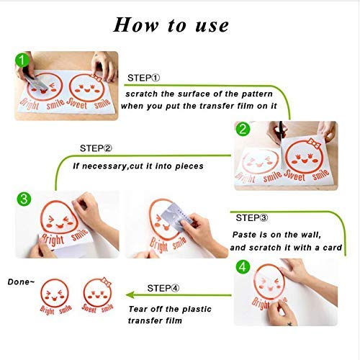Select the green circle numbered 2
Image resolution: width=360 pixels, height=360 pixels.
click(243, 130)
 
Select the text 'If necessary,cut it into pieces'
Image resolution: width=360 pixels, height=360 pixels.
click(138, 166)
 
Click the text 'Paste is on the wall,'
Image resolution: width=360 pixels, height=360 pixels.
click(277, 235)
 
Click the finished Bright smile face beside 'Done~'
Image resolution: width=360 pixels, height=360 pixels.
click(53, 296)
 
